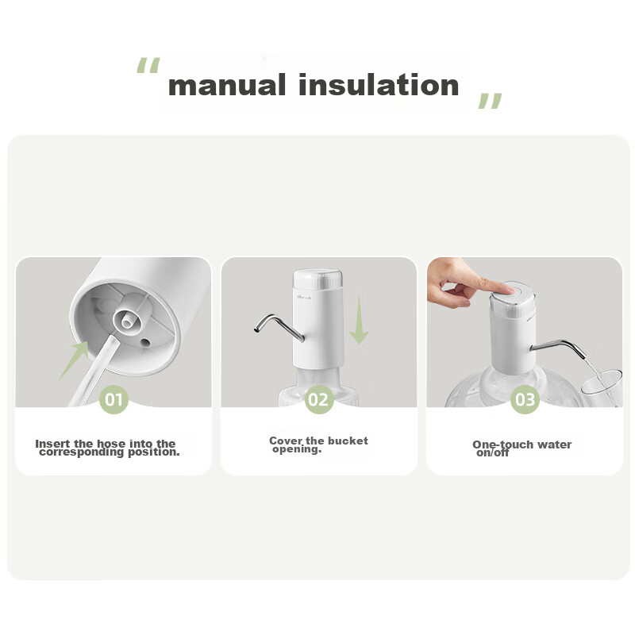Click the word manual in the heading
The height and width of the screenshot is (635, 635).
tap(227, 85)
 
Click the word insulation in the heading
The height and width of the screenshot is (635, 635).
tap(379, 85)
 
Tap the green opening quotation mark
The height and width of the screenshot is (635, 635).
tap(148, 65)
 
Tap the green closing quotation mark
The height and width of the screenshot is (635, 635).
tap(490, 101)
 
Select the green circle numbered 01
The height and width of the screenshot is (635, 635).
tap(114, 400)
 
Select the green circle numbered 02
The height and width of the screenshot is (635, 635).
tap(319, 400)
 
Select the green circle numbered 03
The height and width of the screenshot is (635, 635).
tap(525, 400)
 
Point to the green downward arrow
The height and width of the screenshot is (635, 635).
tap(359, 320)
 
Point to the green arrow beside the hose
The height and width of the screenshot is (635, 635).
tap(74, 360)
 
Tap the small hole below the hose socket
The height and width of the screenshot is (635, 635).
tap(145, 343)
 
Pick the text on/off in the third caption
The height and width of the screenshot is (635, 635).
tap(492, 452)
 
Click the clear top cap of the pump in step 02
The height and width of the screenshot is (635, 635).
tap(317, 279)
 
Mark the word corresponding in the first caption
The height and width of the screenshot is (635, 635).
tap(82, 452)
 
